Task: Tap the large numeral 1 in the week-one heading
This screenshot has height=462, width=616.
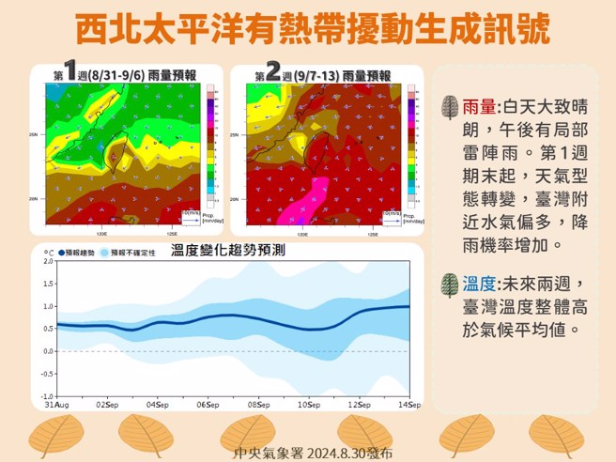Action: coord(69,72)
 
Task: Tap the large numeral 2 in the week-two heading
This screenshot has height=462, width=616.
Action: coord(273,72)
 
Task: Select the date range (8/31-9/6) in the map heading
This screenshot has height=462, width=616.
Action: coord(115,75)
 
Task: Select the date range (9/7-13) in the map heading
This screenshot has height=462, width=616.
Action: coord(316,75)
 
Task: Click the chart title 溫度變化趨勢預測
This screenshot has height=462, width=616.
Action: coord(228,251)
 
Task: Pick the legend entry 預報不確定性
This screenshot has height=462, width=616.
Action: coord(134,253)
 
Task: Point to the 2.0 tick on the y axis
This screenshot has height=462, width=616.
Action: coord(48,261)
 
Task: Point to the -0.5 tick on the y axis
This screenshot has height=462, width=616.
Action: coord(46,374)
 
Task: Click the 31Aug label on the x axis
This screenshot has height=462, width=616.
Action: coord(55,406)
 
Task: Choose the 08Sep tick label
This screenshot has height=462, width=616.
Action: coord(259,406)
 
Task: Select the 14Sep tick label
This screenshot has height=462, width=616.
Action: coord(408,406)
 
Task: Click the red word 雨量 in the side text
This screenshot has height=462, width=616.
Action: coord(479,107)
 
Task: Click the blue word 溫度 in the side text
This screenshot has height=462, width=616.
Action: coord(479,284)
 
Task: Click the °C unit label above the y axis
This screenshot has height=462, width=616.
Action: coord(48,252)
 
